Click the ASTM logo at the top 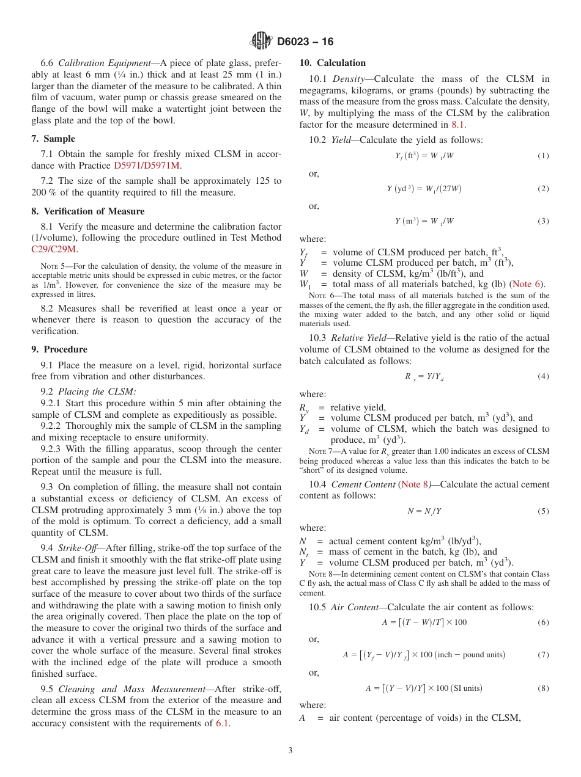261,41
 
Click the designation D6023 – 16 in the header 305,42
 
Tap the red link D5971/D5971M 147,166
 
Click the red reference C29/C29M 54,249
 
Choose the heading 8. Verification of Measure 88,211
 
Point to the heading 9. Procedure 59,349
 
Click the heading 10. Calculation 333,63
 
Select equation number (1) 543,156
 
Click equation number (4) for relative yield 543,376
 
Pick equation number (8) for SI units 543,688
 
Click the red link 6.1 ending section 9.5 223,723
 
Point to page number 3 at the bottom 290,751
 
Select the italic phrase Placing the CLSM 97,392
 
